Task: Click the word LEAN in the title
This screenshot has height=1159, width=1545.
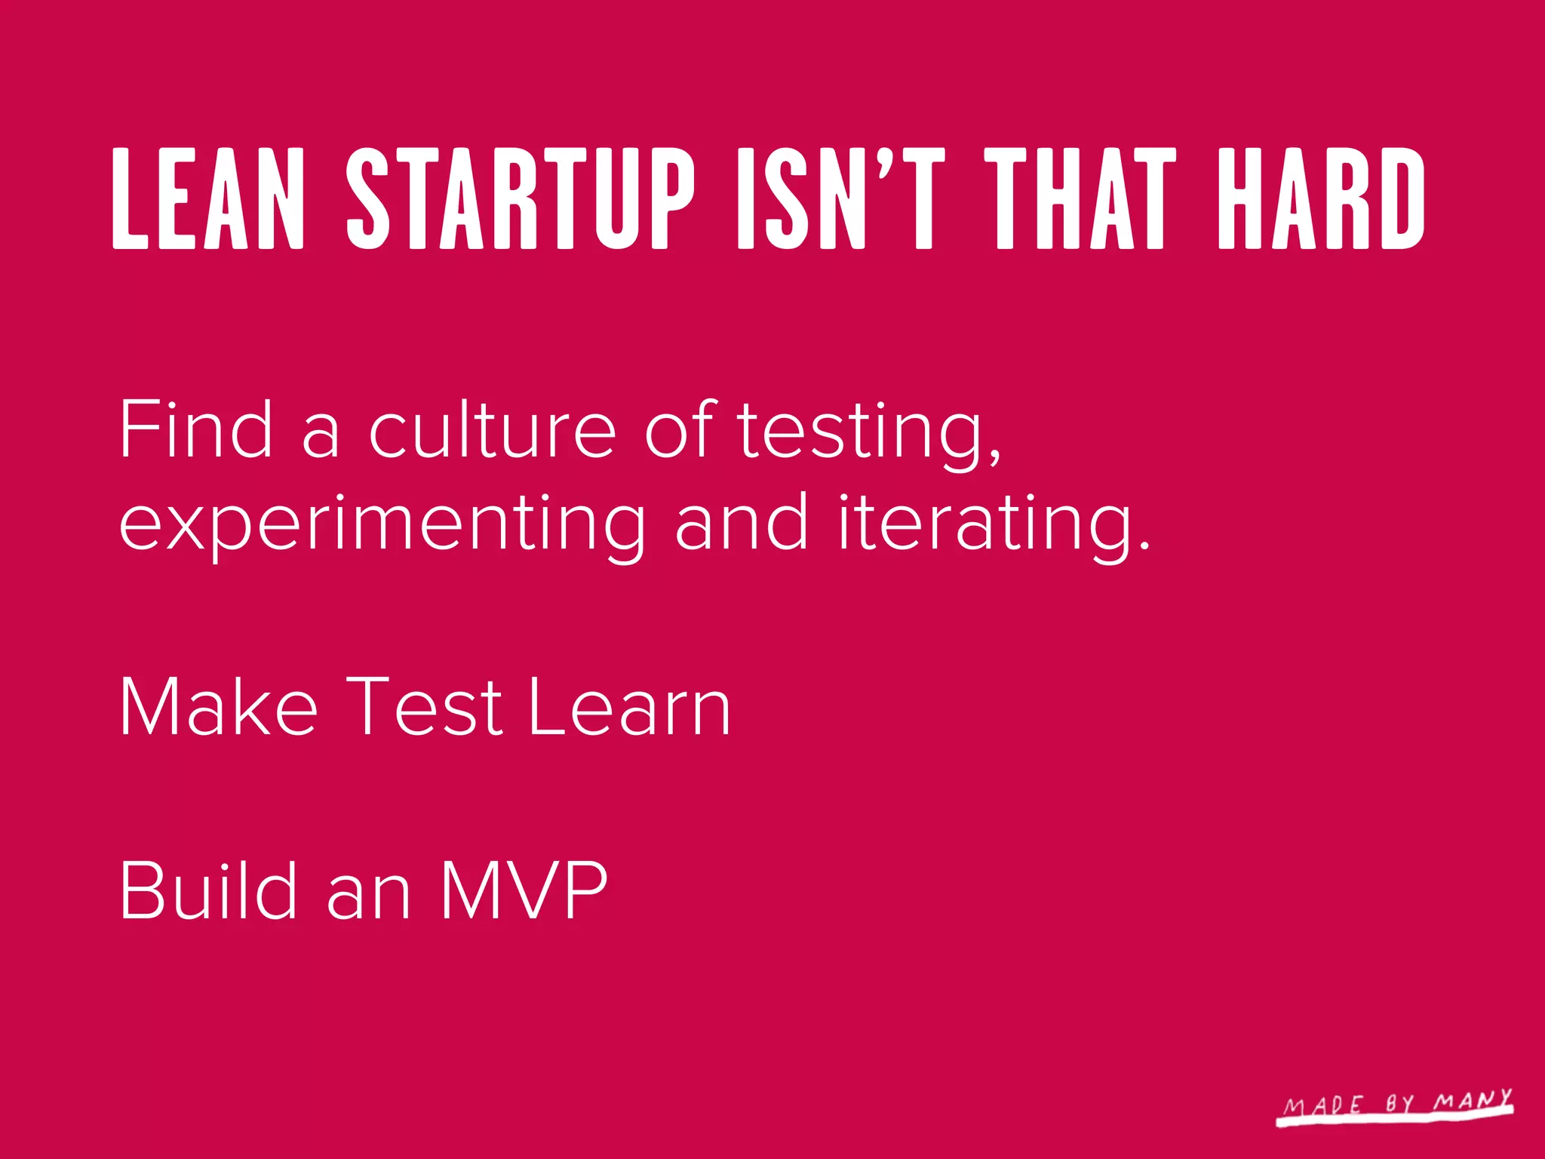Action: point(208,198)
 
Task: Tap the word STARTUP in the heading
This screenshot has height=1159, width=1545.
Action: point(520,198)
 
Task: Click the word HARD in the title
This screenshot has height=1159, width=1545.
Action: point(1321,198)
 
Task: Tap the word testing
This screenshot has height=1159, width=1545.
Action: point(860,434)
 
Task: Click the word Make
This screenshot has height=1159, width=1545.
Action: point(218,706)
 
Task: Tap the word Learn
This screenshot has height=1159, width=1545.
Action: point(629,706)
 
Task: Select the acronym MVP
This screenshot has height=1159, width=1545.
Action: point(524,890)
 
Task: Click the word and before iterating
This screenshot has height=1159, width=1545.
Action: point(741,522)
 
